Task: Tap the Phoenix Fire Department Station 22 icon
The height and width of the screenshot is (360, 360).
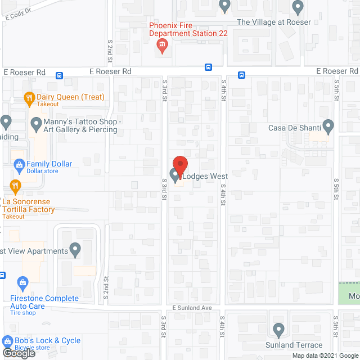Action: tap(162, 46)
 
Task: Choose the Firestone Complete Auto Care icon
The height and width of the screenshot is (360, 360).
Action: tap(22, 282)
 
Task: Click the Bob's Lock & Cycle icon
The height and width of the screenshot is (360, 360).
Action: tap(7, 341)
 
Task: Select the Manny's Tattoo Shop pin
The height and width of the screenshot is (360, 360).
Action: tap(37, 123)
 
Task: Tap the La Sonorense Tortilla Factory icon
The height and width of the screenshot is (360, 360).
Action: tap(15, 186)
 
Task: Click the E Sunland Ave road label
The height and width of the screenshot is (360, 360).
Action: tap(192, 308)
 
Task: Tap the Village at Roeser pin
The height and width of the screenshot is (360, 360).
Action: tap(298, 7)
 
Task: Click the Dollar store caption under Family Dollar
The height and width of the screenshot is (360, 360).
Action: tap(42, 172)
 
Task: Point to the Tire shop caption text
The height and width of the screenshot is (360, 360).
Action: tap(23, 313)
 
